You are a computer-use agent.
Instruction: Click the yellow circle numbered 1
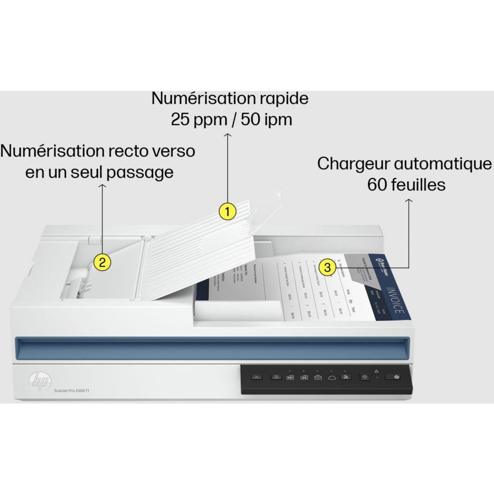(227, 212)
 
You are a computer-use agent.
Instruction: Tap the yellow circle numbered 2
(102, 262)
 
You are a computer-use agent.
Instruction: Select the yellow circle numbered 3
(327, 267)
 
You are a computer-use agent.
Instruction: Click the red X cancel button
(257, 377)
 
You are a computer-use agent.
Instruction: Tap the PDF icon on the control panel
(290, 377)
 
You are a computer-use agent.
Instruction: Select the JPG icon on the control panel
(304, 377)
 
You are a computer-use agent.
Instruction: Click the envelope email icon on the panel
(318, 377)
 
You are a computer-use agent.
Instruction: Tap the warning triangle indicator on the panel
(376, 371)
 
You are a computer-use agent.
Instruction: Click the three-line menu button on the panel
(276, 377)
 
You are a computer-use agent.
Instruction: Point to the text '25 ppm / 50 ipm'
(231, 119)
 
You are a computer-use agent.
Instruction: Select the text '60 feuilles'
(406, 184)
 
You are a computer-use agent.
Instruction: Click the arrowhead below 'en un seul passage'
(103, 186)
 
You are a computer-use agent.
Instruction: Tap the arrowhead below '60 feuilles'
(408, 201)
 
